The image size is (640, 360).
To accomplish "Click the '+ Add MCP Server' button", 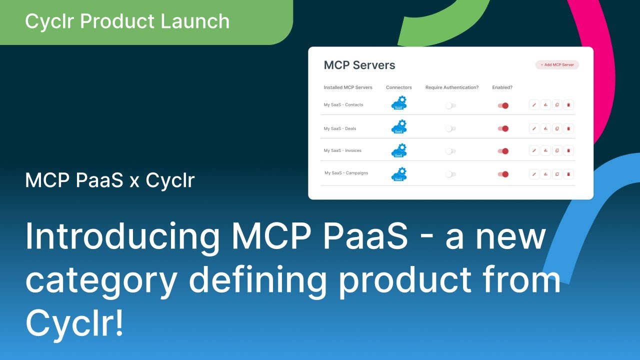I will click(557, 65).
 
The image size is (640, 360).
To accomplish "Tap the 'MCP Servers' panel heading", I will click(359, 65).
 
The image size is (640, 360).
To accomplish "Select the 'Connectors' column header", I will click(398, 87).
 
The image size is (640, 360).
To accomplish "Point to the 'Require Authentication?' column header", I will click(451, 87).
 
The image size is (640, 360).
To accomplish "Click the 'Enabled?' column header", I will click(502, 87).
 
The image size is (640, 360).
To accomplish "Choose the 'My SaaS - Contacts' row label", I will click(343, 105).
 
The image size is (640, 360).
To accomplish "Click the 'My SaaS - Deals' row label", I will click(339, 128).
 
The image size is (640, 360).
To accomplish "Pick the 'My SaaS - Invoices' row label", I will click(342, 150).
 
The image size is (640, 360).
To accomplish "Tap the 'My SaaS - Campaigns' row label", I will click(346, 173).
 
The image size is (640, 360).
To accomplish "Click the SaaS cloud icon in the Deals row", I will click(399, 127).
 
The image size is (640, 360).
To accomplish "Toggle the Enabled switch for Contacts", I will click(503, 105).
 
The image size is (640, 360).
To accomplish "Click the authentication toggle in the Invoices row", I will click(450, 151).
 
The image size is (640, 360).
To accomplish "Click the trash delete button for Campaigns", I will click(568, 174).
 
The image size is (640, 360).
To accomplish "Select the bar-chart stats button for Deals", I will click(545, 128).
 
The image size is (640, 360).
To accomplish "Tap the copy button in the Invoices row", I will click(557, 150).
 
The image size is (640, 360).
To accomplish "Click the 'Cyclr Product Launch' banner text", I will click(127, 21).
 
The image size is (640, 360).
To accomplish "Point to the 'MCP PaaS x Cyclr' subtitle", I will click(109, 180).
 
